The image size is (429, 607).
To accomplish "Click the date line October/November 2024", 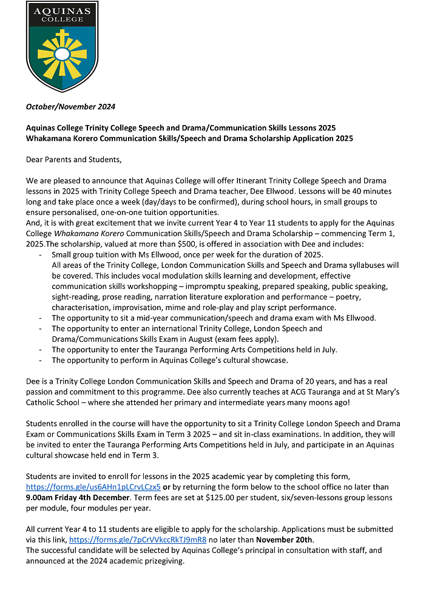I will tap(70, 107).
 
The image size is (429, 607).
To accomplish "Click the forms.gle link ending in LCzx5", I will tap(93, 487).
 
